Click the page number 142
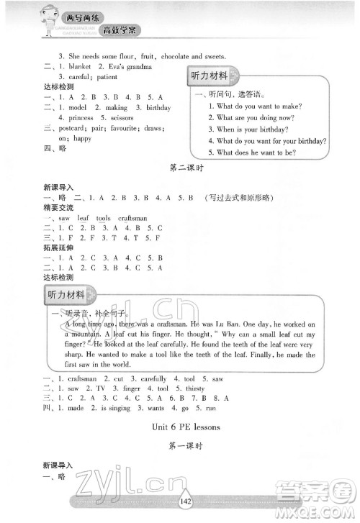pyautogui.click(x=179, y=503)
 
